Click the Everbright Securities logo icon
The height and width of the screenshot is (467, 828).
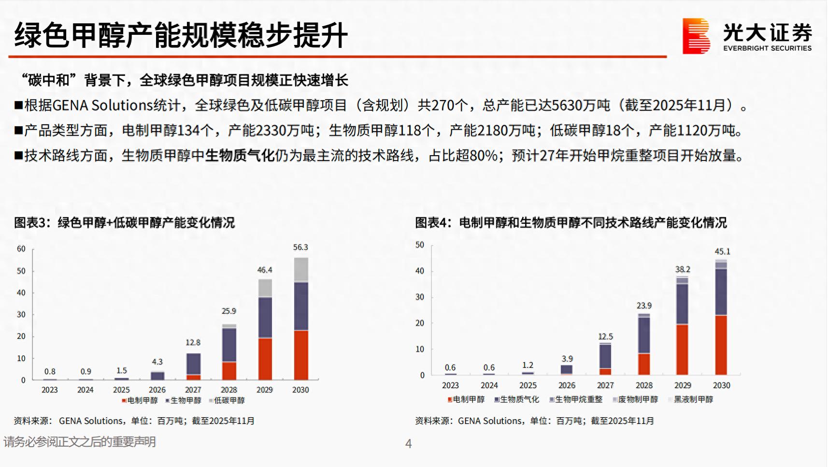point(696,36)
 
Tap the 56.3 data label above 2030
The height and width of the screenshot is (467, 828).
point(300,248)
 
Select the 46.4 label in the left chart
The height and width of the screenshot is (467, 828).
point(265,270)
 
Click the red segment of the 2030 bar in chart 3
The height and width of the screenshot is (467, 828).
point(301,355)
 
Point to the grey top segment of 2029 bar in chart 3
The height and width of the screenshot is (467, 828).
point(265,288)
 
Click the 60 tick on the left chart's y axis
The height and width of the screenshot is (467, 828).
point(21,249)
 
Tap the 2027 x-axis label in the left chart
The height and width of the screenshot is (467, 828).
point(193,390)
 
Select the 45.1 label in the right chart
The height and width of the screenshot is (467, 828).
point(722,251)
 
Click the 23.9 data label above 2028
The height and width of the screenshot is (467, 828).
point(644,306)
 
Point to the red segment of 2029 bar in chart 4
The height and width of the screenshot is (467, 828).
point(682,350)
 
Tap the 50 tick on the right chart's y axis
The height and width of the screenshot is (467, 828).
point(420,245)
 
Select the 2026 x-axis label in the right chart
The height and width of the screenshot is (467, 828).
point(567,385)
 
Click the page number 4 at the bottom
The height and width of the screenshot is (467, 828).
point(409,444)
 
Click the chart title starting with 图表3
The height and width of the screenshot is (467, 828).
point(124,222)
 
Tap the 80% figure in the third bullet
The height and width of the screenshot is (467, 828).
point(484,156)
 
